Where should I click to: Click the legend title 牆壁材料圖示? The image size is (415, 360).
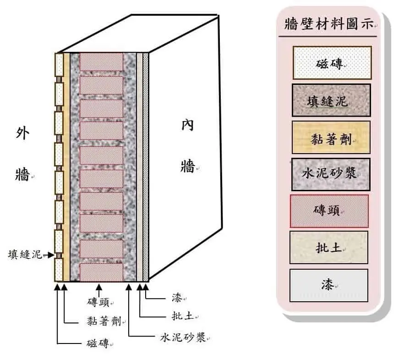click(329, 24)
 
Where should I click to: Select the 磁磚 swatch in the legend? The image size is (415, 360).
click(332, 63)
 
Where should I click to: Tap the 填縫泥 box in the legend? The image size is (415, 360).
click(331, 100)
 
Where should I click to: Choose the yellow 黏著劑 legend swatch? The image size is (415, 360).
click(331, 138)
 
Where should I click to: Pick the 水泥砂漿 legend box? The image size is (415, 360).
click(331, 174)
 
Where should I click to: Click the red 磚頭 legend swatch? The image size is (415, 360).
click(329, 211)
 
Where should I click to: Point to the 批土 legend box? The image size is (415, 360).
click(329, 248)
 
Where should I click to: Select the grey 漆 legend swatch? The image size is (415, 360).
click(329, 285)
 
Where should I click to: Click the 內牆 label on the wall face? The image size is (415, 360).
click(188, 146)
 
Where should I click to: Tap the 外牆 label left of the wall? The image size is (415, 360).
click(22, 154)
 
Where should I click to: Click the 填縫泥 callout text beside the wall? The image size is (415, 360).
click(25, 255)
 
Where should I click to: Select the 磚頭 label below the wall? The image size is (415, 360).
click(98, 302)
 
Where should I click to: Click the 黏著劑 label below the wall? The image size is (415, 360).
click(104, 321)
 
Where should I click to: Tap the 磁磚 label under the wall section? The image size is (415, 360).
click(98, 343)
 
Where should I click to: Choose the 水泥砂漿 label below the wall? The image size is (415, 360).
click(183, 338)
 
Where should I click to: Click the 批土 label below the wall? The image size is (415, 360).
click(183, 316)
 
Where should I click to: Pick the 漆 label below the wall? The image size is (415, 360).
click(177, 298)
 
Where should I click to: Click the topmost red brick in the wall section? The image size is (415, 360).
click(101, 62)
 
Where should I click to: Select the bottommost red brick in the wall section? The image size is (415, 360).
click(101, 272)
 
